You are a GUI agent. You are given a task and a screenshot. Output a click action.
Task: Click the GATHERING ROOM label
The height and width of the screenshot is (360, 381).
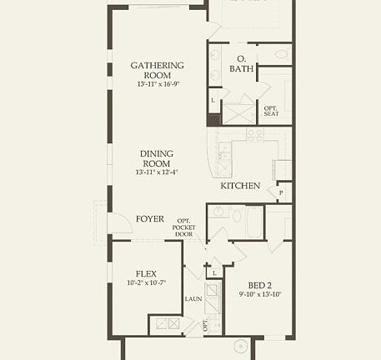(x=157, y=70)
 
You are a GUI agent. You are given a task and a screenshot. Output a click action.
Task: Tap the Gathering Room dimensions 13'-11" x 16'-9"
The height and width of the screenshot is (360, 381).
(x=157, y=83)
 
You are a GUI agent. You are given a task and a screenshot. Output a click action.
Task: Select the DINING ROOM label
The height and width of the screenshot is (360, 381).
(x=157, y=158)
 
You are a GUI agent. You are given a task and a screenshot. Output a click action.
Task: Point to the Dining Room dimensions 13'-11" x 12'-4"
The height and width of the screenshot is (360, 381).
(x=157, y=172)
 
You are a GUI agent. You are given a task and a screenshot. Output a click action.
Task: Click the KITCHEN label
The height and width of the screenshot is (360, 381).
(x=240, y=186)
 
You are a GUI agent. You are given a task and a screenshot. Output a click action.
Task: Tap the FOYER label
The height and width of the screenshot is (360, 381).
(x=150, y=219)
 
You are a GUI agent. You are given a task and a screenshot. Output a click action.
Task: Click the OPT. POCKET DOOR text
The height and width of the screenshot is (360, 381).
(x=184, y=227)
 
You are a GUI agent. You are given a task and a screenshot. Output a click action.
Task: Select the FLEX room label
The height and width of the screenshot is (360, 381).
(x=148, y=273)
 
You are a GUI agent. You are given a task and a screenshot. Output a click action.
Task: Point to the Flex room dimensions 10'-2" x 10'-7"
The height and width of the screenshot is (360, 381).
(x=148, y=283)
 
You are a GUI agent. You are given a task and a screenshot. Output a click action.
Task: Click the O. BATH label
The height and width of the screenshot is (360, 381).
(x=243, y=63)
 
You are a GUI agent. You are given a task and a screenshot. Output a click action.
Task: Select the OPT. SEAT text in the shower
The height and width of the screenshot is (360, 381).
(x=271, y=111)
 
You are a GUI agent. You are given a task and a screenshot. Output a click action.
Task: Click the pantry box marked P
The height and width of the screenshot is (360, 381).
(x=281, y=192)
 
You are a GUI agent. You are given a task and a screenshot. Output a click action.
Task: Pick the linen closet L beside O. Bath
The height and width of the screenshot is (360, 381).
(x=213, y=101)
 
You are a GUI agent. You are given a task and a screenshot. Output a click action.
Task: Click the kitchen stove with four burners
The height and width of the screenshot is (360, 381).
(x=254, y=133)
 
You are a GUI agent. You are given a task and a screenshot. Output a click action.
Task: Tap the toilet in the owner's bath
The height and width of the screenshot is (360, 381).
(x=281, y=55)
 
